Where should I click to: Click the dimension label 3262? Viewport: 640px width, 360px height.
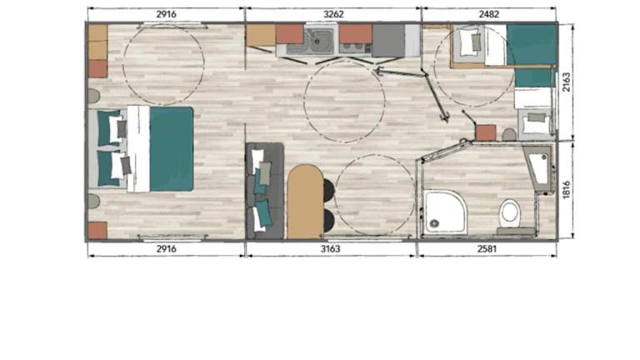[x=333, y=14]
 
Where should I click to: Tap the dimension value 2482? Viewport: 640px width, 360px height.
[x=488, y=14]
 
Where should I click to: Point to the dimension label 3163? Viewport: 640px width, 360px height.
[x=330, y=248]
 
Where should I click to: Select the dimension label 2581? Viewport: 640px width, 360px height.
[x=487, y=248]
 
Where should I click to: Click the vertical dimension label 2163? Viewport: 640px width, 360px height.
[x=566, y=82]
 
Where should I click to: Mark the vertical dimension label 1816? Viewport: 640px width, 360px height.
[x=566, y=190]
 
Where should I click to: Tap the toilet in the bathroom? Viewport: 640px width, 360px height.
[x=509, y=214]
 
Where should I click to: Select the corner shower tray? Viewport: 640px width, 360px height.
[x=445, y=212]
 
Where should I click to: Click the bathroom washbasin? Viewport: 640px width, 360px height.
[x=540, y=168]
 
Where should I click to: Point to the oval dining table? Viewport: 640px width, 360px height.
[x=305, y=201]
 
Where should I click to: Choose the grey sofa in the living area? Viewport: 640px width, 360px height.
[x=264, y=191]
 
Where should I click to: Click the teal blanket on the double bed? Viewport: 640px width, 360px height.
[x=172, y=148]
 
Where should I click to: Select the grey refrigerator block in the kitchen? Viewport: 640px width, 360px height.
[x=388, y=40]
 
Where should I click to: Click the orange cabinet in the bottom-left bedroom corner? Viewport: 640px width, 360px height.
[x=98, y=231]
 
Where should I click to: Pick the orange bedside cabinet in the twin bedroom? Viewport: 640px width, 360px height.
[x=486, y=133]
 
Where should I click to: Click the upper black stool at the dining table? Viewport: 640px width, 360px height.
[x=329, y=191]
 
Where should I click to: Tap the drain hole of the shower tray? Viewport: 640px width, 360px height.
[x=434, y=223]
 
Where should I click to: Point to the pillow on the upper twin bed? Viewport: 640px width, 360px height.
[x=470, y=41]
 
